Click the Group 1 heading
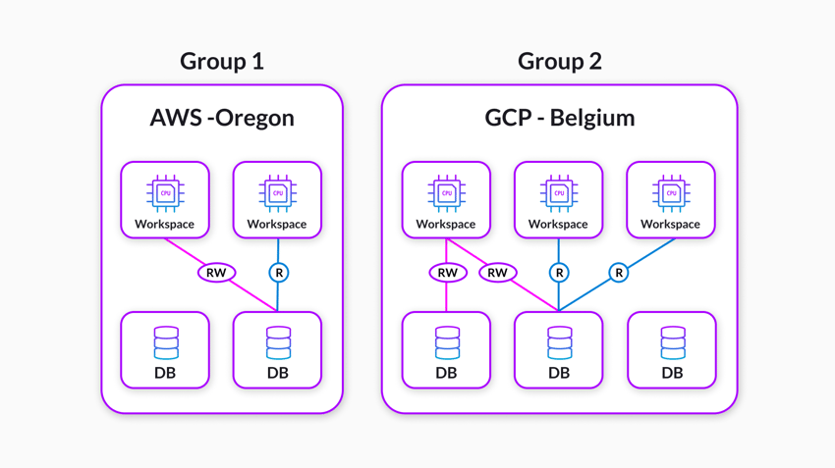point(221,61)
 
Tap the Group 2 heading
point(559,61)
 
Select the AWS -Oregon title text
point(222,118)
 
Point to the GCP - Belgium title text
point(559,118)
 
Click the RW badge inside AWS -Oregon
point(215,273)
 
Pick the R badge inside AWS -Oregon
point(279,273)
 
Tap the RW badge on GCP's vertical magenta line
point(447,273)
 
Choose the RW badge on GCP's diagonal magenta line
point(497,273)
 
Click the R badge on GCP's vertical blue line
point(559,273)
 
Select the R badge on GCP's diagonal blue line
point(618,273)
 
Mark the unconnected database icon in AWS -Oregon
point(166,342)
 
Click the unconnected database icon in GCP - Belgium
point(672,342)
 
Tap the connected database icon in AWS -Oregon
point(278,342)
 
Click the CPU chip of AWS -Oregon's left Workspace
point(165,193)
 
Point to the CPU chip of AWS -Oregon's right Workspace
point(277,193)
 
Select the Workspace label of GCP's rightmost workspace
point(670,225)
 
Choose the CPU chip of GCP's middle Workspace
point(558,193)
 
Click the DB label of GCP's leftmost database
point(446,373)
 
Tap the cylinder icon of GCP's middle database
point(559,342)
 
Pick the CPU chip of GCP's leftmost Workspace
point(446,193)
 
